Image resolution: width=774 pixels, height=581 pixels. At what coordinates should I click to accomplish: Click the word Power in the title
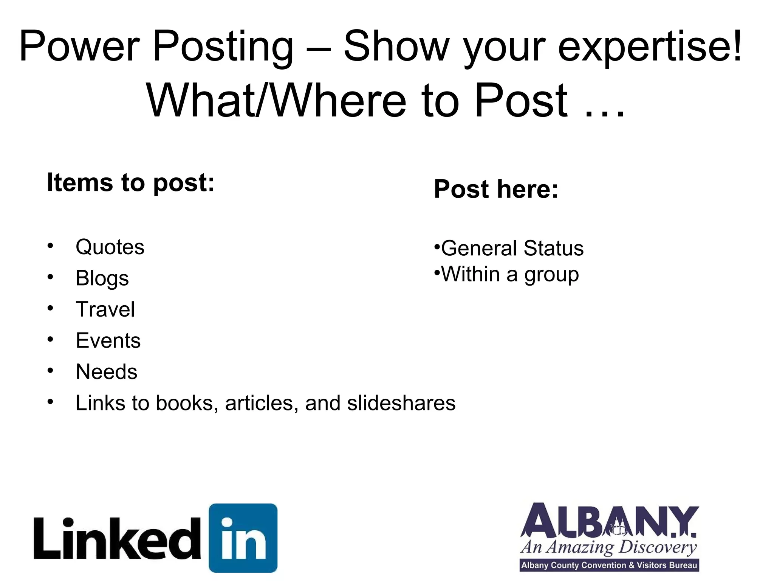(x=80, y=47)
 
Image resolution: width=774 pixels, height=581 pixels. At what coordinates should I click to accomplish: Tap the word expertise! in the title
(x=650, y=47)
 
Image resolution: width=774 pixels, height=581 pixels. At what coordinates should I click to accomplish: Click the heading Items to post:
(x=130, y=183)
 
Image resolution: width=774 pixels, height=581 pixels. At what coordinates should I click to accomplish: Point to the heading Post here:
(x=496, y=189)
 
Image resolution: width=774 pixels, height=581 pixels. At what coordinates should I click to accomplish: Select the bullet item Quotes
(x=110, y=247)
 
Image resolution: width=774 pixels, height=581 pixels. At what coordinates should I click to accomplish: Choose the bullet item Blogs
(x=102, y=278)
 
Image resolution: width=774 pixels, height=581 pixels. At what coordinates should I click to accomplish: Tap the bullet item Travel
(x=105, y=309)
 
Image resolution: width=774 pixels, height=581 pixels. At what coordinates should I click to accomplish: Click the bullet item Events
(x=108, y=340)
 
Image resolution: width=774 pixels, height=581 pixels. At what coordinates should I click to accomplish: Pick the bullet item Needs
(x=107, y=372)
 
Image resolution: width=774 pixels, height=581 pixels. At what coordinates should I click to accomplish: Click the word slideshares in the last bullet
(x=401, y=403)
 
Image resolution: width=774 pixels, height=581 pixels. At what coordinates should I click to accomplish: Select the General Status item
(x=512, y=249)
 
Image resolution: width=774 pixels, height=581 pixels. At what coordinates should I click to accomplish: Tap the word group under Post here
(x=551, y=275)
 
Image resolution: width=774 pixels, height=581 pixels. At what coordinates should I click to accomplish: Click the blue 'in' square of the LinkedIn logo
(x=243, y=538)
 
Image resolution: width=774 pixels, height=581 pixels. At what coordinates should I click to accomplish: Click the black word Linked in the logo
(x=117, y=539)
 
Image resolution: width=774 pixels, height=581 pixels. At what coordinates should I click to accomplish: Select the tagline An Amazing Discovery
(x=608, y=547)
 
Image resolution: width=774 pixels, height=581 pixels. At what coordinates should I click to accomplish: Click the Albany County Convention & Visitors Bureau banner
(x=609, y=565)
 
